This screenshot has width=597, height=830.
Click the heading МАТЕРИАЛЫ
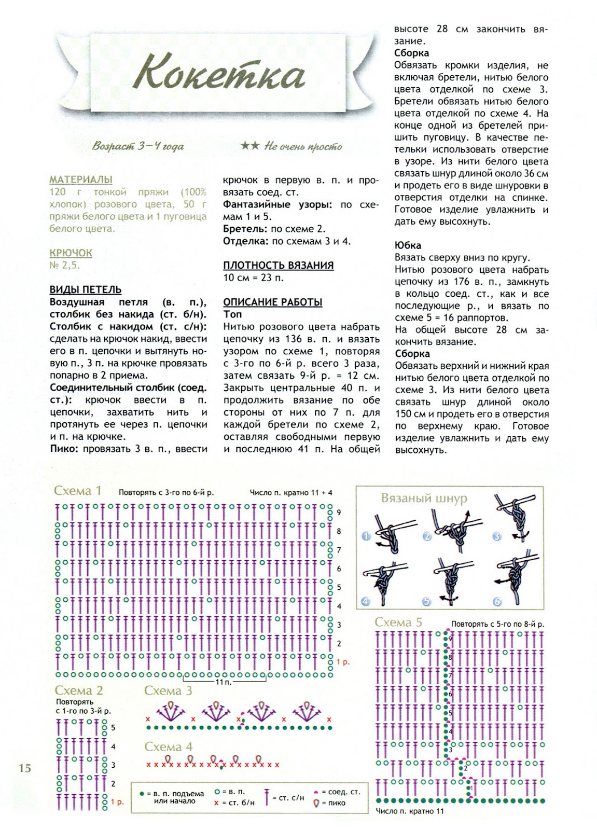[81, 179]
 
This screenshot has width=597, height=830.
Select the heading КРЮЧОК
[71, 253]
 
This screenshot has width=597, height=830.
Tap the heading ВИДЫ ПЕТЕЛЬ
[86, 289]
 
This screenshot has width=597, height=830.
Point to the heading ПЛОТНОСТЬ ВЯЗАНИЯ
[278, 265]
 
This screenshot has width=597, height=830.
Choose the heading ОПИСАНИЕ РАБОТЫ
[273, 302]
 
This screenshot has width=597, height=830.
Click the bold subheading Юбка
[408, 245]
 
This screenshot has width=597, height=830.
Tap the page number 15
[25, 768]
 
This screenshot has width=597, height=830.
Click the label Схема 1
[78, 491]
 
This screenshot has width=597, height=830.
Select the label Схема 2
[79, 690]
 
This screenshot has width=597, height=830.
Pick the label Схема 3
[168, 690]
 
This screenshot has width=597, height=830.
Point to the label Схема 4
[168, 746]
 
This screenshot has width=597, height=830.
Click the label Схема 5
[398, 622]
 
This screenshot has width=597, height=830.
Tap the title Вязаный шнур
[424, 499]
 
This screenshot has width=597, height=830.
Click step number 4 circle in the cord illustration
[366, 601]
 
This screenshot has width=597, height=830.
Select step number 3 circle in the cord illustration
[497, 536]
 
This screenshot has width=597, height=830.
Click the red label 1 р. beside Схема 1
[343, 662]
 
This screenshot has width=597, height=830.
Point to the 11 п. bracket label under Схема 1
[224, 682]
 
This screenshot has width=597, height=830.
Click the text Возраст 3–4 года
[138, 146]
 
